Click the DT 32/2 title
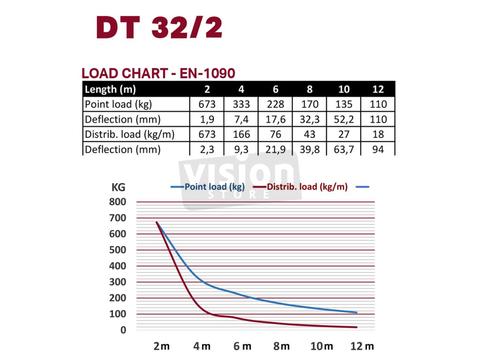click(159, 28)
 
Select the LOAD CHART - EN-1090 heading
click(158, 73)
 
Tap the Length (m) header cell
click(110, 89)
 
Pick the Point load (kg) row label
click(118, 104)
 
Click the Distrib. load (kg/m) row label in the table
click(129, 135)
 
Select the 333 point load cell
click(241, 104)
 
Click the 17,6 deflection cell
click(276, 120)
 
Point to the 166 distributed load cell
click(241, 135)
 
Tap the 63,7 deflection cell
click(344, 150)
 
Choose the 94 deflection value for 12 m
click(378, 150)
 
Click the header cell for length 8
click(309, 89)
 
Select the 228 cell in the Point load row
click(276, 104)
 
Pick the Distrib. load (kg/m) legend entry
click(307, 187)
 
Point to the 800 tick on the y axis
click(118, 202)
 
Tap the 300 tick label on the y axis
click(118, 282)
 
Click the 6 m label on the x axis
click(242, 346)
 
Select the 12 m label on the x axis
click(362, 346)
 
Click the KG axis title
click(118, 187)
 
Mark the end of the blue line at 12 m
click(357, 312)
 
